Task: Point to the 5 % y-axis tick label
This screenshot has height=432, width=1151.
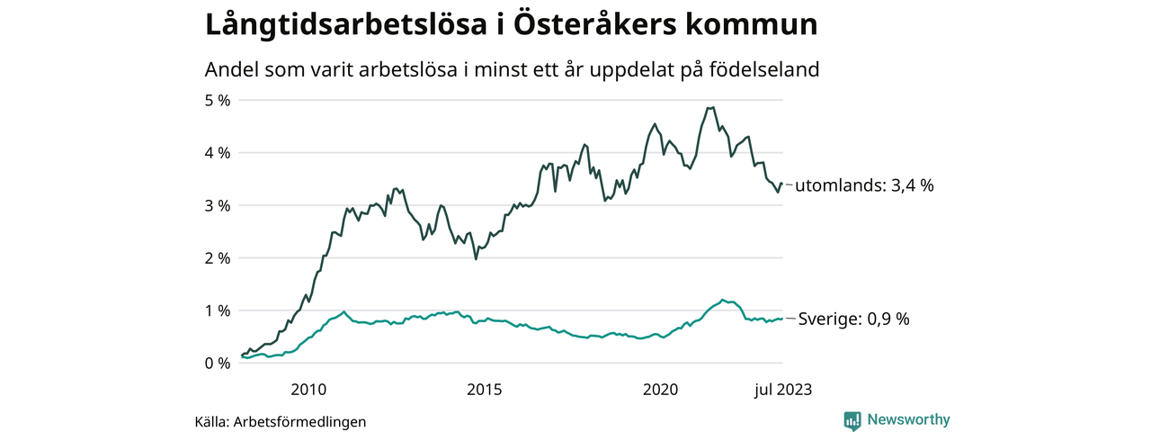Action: coord(219,101)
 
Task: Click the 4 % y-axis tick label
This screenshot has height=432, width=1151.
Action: coord(219,153)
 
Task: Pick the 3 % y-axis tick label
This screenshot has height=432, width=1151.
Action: coord(219,206)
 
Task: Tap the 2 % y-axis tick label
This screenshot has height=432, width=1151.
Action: coord(219,258)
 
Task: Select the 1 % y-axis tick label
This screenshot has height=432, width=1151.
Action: coord(219,311)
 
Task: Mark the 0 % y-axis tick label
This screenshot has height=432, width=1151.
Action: coord(219,364)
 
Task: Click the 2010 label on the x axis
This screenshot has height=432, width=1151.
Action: coord(308,390)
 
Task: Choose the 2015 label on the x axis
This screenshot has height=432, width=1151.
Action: coord(484,390)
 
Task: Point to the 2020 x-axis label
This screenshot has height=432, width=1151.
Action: coord(660,390)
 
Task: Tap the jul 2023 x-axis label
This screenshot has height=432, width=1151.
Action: coord(781,390)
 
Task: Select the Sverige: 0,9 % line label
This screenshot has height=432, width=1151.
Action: coord(854,319)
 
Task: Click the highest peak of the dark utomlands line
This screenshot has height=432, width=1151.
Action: coord(711,108)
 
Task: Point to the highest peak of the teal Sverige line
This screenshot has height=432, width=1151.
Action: coord(722,299)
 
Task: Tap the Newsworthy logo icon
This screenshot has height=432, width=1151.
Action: coord(852,420)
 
